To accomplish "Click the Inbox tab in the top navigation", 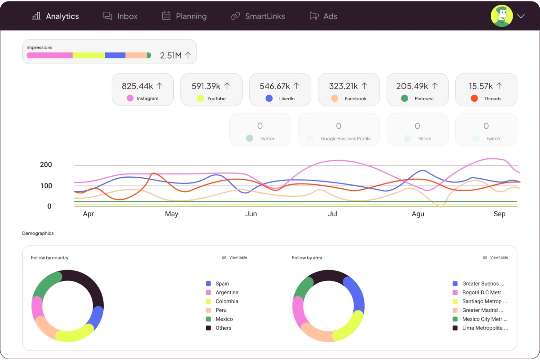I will [120, 16].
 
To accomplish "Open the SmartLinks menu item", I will [258, 16].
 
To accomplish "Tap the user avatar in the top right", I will [501, 16].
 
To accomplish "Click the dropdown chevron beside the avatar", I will [521, 16].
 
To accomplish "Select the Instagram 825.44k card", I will [142, 90].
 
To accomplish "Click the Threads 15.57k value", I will [481, 86].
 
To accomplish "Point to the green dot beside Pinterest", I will [404, 98].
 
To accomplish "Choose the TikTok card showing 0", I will [417, 130].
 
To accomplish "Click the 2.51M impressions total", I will [171, 55].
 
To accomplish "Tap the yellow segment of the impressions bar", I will [89, 55].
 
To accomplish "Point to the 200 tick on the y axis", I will [46, 164].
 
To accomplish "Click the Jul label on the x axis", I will [332, 214].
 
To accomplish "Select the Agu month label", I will [418, 214].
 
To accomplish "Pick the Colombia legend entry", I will [227, 301].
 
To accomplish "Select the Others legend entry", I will [223, 328].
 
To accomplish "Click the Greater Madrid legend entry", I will [482, 310].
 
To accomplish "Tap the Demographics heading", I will [38, 233].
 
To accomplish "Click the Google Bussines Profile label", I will [345, 139].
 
